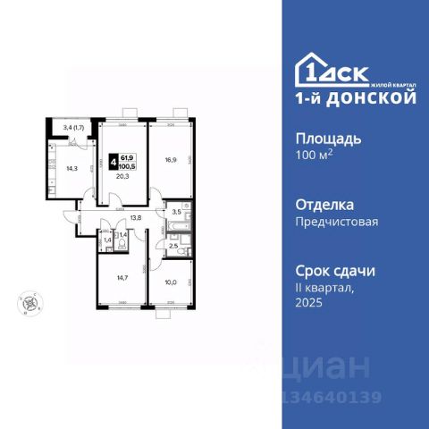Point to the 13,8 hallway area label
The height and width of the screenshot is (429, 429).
coord(135,217)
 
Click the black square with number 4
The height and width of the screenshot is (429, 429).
coord(111,162)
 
